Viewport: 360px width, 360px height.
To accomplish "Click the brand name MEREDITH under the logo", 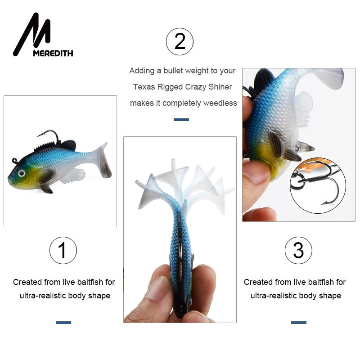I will coord(53,53).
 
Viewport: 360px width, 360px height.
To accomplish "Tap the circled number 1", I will coord(63,250).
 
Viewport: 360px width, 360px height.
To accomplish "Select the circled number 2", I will coord(180,41).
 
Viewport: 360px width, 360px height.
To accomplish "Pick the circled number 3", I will coord(298,250).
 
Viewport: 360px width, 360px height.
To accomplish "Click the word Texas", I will coord(143,87).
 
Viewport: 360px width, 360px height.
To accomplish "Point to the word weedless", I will coord(220,103).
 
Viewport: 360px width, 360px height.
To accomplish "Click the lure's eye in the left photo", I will coord(21,172).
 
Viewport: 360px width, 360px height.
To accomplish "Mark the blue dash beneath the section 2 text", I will coord(181,120).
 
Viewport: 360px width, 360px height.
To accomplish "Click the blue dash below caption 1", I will coord(63,322).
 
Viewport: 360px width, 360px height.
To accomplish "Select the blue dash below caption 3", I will coord(298,322).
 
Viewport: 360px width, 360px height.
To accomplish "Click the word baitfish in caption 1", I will coord(89,282).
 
